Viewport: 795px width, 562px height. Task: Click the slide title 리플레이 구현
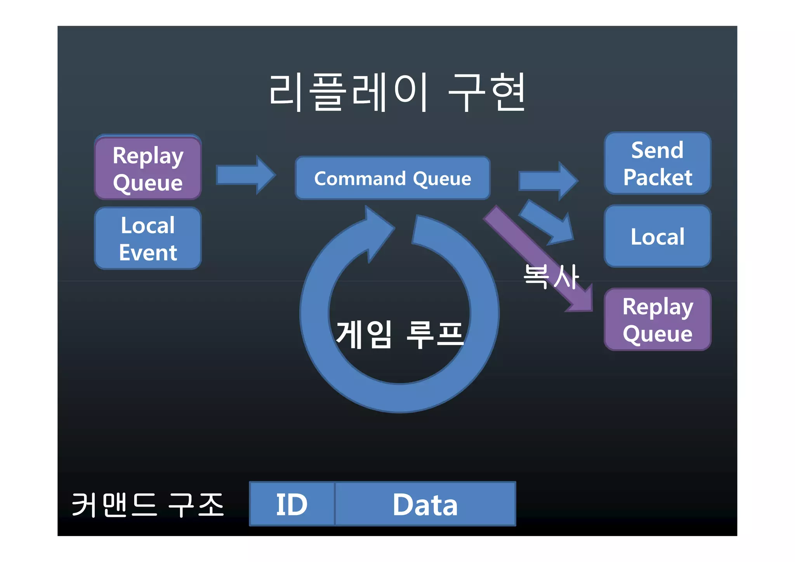(x=397, y=92)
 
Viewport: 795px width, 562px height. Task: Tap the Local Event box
(x=148, y=238)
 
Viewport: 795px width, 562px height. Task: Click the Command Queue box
(x=392, y=178)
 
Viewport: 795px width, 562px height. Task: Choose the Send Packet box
(x=657, y=163)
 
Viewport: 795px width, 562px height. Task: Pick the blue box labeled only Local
(x=657, y=237)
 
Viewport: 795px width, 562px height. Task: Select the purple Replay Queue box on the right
(x=657, y=320)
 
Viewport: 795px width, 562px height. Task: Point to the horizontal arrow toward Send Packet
(x=548, y=181)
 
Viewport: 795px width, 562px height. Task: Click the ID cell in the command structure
(x=292, y=504)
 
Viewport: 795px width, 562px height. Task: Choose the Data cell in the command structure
(x=425, y=504)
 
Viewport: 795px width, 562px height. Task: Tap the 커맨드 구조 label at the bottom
(x=148, y=505)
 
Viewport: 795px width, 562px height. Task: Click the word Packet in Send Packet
(x=657, y=177)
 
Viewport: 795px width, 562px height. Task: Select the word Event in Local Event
(x=148, y=253)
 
